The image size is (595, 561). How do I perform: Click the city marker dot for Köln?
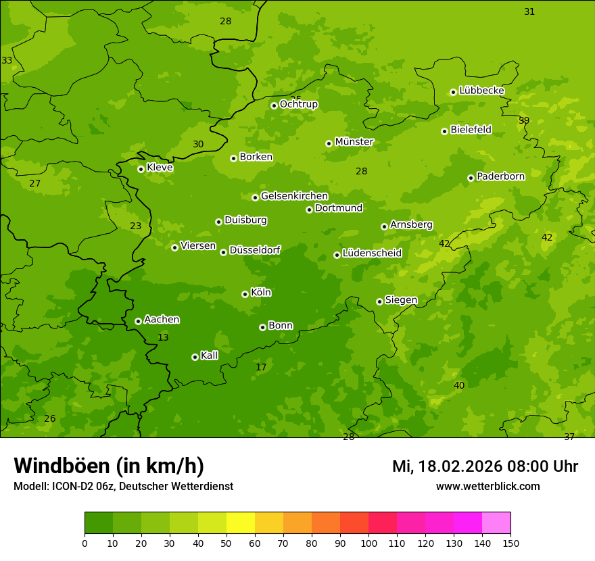245,294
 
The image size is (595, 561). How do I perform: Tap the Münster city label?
354,142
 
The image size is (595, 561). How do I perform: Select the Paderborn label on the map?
500,176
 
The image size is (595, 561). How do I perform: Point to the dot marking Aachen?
138,321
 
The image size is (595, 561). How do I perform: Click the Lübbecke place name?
481,91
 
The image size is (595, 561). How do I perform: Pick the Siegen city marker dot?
379,301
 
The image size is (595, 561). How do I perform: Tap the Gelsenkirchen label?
294,196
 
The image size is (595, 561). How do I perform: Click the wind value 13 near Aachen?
163,337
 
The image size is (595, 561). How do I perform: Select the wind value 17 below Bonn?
261,368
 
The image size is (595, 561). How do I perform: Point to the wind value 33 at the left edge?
7,60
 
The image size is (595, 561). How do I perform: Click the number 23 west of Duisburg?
136,226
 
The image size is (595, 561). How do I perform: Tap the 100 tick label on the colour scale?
368,543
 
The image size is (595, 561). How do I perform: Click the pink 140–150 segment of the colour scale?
496,522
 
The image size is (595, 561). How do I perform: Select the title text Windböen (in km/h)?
108,466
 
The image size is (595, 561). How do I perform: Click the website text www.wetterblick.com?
487,487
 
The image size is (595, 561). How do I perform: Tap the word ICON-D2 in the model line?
74,487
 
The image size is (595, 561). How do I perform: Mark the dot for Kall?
195,357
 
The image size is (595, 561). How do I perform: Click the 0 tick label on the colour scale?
85,543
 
